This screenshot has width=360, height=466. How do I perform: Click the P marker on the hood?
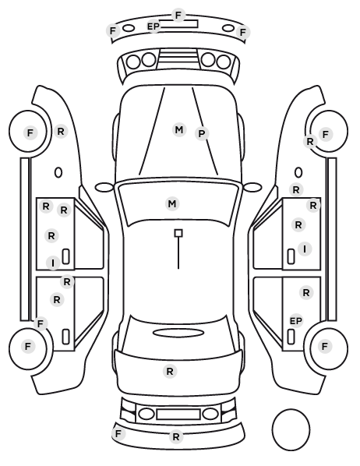202,134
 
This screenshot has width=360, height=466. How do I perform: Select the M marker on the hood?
179,130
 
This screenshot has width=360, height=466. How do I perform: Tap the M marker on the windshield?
172,204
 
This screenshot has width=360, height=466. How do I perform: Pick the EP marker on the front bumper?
154,26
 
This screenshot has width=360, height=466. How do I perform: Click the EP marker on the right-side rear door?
296,321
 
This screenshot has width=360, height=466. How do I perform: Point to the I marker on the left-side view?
53,263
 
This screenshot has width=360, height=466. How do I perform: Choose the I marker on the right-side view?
305,249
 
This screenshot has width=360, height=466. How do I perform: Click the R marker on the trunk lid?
170,371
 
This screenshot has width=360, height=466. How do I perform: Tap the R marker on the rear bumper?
176,437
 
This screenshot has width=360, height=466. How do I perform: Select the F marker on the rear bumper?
118,433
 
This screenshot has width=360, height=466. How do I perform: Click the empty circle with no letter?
291,429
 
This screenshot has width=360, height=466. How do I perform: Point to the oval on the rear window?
178,333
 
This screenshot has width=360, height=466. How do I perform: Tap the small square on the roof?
178,233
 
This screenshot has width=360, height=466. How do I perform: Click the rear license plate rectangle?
178,414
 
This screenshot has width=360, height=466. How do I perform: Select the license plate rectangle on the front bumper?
179,24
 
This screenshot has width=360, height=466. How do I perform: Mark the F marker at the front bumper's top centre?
178,15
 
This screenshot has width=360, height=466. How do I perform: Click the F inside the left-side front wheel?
30,132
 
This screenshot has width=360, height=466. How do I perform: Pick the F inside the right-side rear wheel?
325,346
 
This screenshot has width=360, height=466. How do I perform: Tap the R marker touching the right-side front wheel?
310,142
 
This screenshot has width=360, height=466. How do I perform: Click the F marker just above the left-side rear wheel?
41,323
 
